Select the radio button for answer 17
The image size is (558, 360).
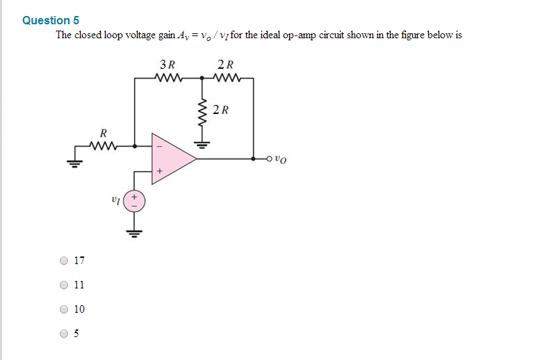65,261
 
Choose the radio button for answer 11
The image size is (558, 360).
65,285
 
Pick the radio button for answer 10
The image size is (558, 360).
65,309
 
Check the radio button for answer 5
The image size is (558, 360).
65,334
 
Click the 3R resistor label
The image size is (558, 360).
167,65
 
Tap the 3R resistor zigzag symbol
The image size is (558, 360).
170,78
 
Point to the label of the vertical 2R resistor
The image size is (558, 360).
221,109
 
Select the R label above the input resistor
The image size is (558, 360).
104,132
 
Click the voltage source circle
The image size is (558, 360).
136,201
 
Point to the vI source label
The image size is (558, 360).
115,200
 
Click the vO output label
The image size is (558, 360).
280,159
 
